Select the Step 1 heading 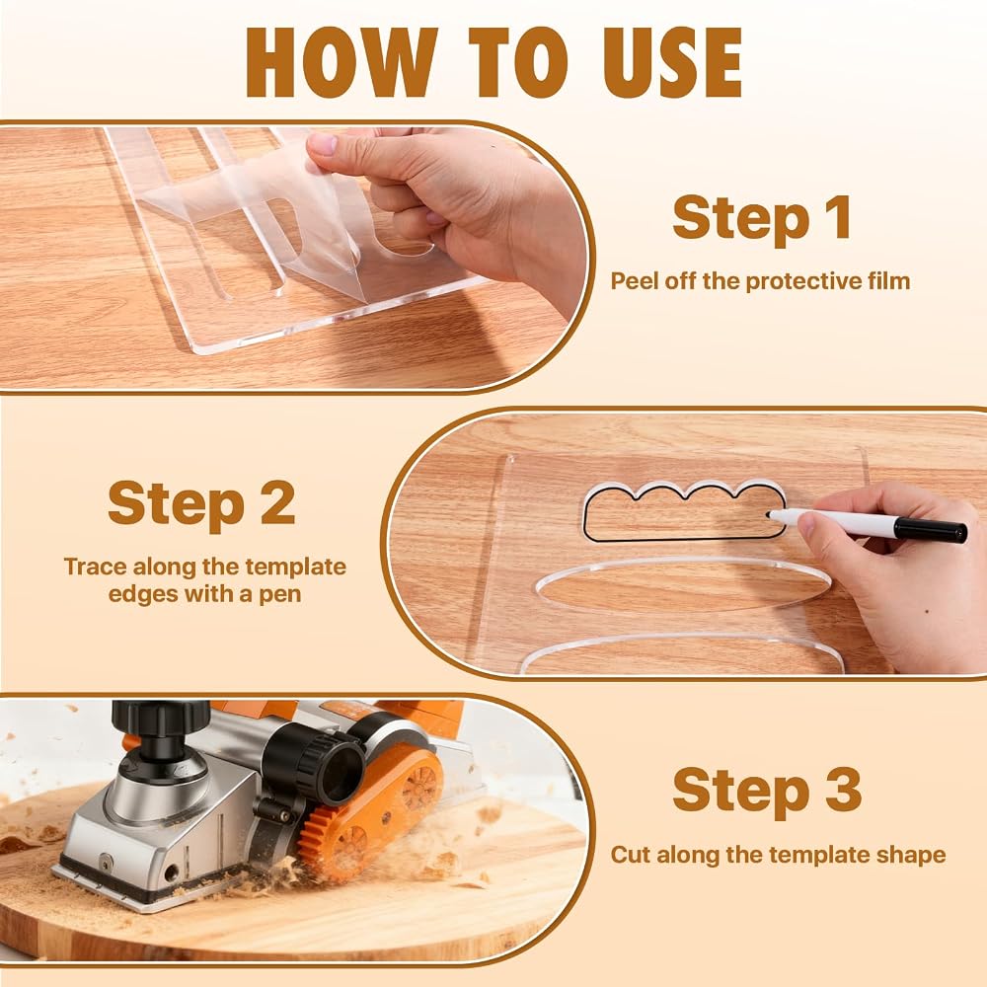(762, 217)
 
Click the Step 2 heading (201, 502)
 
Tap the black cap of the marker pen (931, 530)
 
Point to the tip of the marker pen (769, 515)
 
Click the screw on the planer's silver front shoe (107, 861)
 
